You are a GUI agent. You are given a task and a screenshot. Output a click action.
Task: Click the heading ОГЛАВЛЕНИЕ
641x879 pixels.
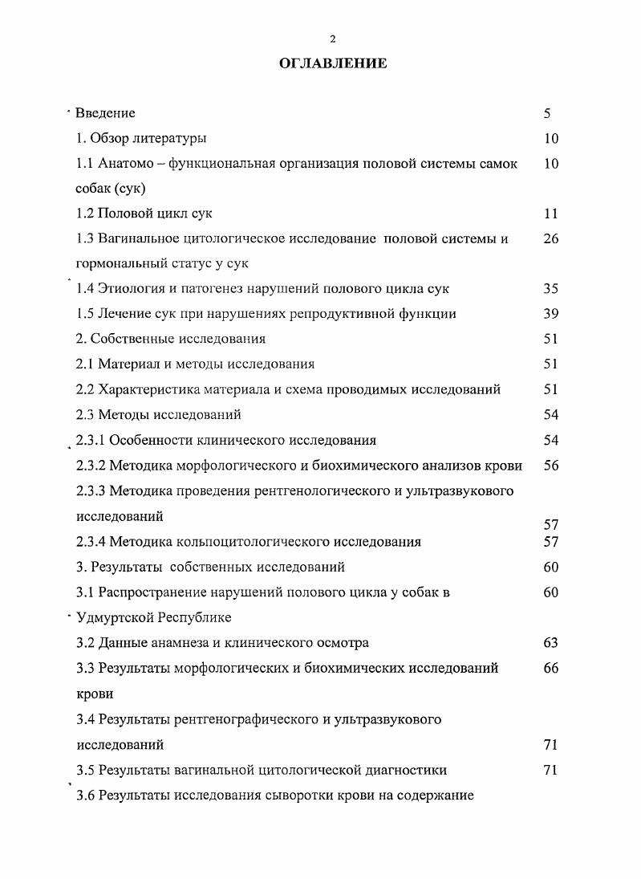(333, 63)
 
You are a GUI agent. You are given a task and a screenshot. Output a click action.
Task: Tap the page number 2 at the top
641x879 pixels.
(333, 39)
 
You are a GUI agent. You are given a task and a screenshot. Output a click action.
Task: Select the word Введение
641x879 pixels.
(105, 113)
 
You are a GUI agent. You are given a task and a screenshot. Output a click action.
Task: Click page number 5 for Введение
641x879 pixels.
(546, 113)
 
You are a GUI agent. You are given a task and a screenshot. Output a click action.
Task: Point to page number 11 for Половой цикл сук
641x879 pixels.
(550, 214)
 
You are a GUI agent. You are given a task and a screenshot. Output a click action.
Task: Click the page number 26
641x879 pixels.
(550, 238)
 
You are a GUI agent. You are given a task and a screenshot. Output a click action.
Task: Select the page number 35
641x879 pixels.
(550, 289)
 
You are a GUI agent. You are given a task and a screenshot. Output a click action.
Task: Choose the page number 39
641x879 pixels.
(550, 314)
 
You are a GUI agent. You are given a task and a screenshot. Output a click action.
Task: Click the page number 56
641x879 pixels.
(550, 466)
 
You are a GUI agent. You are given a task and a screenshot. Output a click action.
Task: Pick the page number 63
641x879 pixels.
(550, 643)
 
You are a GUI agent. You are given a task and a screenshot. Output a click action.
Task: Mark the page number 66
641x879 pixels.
(550, 668)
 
